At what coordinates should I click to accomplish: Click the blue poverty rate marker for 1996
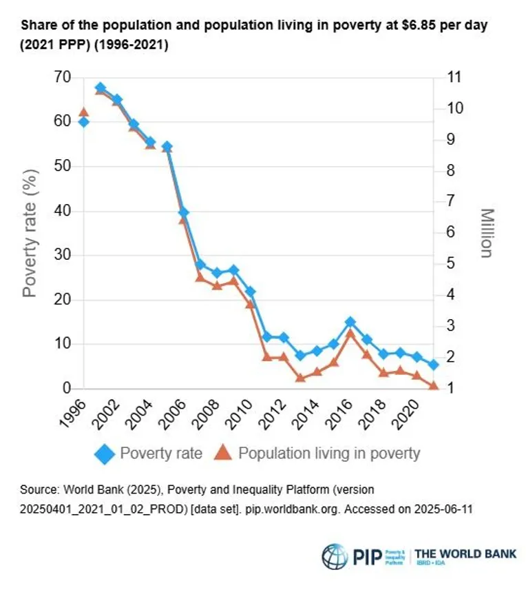point(83,122)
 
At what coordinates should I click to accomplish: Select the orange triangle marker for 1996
point(83,112)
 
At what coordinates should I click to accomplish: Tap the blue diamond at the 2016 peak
point(350,322)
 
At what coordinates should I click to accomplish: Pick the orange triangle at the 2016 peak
point(350,333)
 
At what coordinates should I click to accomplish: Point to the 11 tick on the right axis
point(454,77)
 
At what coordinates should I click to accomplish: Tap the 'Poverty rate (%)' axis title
point(30,233)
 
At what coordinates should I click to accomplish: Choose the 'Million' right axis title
point(486,233)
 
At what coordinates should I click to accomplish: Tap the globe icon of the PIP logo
point(334,556)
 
